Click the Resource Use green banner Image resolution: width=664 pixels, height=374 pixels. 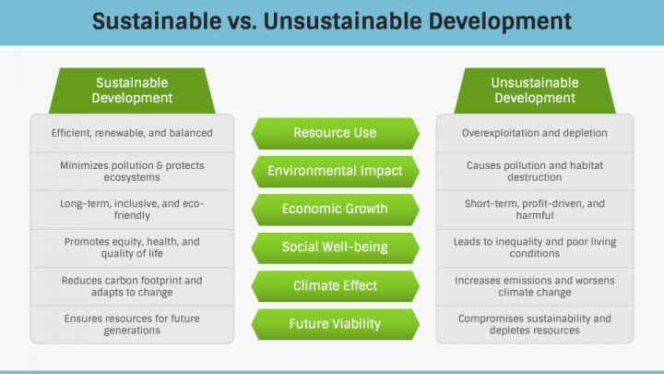click(335, 133)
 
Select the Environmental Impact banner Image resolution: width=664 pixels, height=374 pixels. click(335, 172)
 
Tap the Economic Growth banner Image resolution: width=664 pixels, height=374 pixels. click(335, 210)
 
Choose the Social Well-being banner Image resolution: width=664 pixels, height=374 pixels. click(335, 247)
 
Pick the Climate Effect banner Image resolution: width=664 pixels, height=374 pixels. click(335, 285)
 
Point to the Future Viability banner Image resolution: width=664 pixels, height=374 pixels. click(335, 324)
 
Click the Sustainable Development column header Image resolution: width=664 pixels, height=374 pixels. click(132, 90)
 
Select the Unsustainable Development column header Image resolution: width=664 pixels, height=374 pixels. click(535, 90)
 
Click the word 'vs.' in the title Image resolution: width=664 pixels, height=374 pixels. click(243, 21)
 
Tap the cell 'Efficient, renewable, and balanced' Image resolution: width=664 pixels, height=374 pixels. click(132, 133)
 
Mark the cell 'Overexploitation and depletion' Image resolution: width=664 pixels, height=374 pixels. click(535, 133)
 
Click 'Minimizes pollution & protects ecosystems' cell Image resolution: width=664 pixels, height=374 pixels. click(132, 172)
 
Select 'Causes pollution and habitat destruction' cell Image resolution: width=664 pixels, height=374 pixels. click(535, 172)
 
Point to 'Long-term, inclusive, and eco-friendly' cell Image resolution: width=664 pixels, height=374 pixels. click(132, 210)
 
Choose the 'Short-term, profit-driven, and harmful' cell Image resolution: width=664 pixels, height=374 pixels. click(535, 210)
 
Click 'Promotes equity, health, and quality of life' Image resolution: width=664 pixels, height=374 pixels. click(132, 247)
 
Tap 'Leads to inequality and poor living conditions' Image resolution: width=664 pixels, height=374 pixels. click(535, 247)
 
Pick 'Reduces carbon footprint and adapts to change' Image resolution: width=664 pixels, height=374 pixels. click(132, 286)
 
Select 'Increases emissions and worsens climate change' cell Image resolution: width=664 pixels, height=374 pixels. click(535, 286)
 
